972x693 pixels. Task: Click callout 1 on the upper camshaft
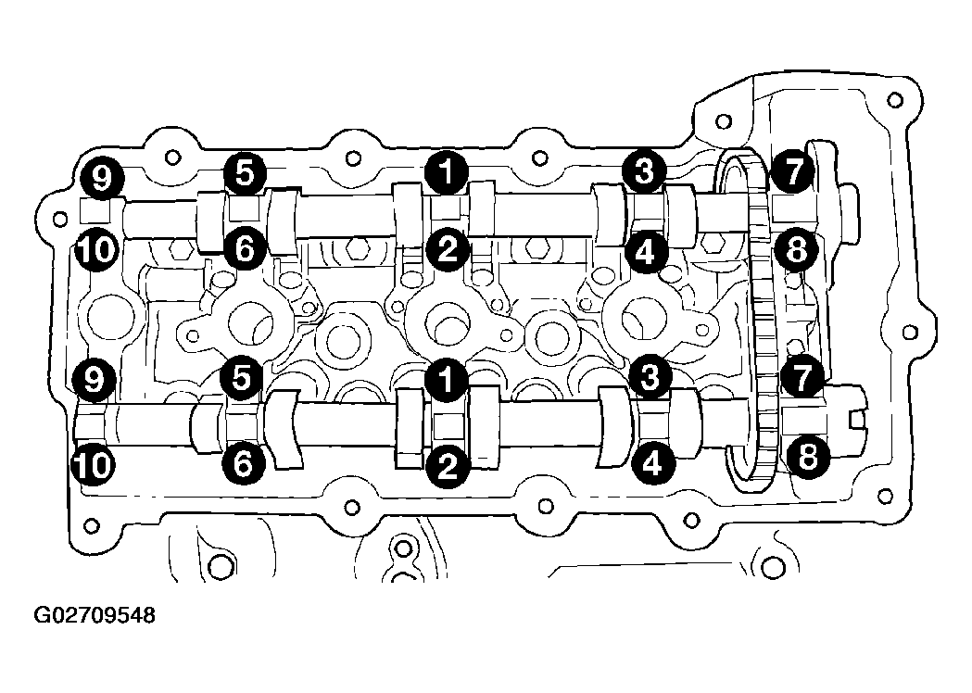(447, 171)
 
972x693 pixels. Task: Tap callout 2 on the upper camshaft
(447, 250)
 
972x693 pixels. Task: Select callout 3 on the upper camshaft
(645, 170)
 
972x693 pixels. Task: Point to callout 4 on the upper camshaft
(645, 252)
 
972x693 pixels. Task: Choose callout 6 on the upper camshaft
(245, 249)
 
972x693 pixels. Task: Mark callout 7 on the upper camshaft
(794, 171)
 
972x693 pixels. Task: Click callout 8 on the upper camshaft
(796, 250)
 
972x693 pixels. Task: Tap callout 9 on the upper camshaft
(102, 178)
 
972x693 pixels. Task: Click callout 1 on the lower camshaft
(447, 379)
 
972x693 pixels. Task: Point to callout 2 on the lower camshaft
(447, 465)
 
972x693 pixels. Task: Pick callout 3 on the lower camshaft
(650, 376)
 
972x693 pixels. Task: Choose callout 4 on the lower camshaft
(651, 461)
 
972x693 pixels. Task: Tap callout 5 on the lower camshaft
(243, 376)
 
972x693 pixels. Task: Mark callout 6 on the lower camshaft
(243, 461)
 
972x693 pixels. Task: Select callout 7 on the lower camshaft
(802, 377)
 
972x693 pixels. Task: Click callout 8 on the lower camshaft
(808, 458)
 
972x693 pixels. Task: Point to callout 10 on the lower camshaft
(93, 464)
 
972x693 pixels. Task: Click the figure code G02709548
(95, 615)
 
